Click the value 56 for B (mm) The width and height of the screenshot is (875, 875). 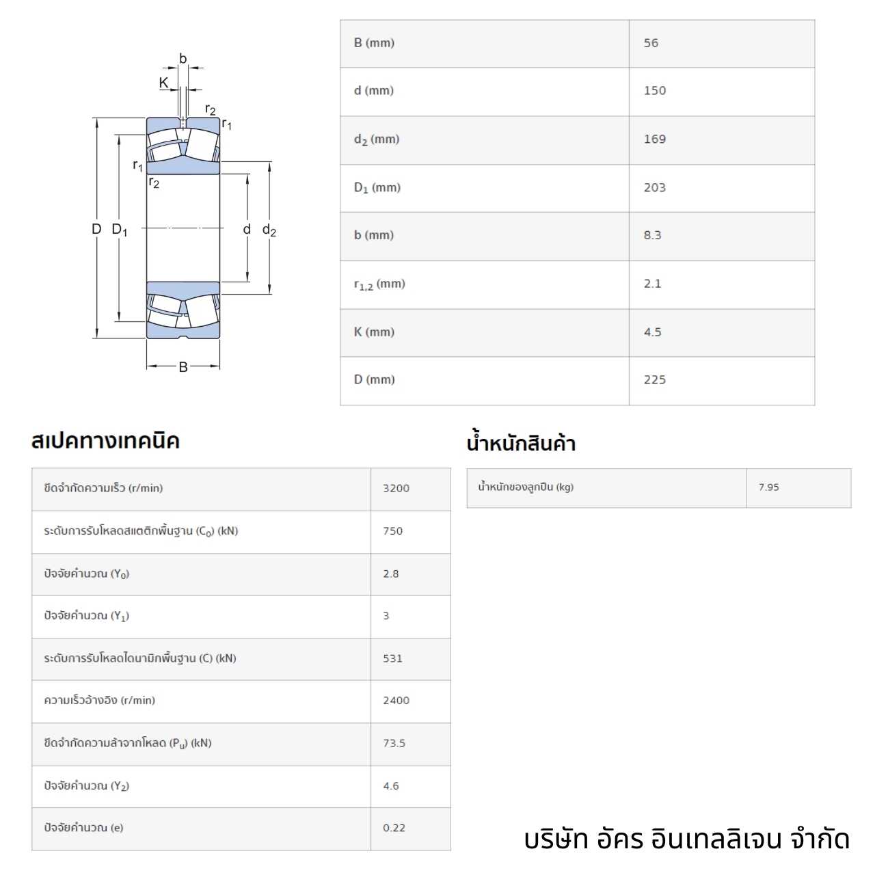pyautogui.click(x=651, y=43)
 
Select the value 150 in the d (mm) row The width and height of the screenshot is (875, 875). pyautogui.click(x=655, y=91)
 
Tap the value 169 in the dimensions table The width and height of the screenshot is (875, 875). pyautogui.click(x=655, y=139)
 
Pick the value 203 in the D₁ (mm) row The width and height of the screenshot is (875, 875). pyautogui.click(x=655, y=187)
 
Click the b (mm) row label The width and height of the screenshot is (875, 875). pyautogui.click(x=374, y=235)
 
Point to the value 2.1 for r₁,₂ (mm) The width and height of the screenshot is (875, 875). pyautogui.click(x=652, y=284)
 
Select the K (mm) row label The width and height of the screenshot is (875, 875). pyautogui.click(x=374, y=332)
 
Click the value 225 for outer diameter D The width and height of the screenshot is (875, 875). pyautogui.click(x=655, y=379)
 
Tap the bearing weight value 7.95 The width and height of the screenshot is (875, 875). pyautogui.click(x=768, y=487)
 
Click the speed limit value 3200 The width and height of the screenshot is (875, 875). pyautogui.click(x=396, y=488)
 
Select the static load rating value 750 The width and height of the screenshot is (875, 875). pyautogui.click(x=393, y=531)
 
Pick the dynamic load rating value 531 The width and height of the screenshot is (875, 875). pyautogui.click(x=393, y=658)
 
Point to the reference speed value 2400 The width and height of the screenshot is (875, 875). pyautogui.click(x=396, y=700)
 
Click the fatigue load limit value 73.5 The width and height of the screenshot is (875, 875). pyautogui.click(x=394, y=743)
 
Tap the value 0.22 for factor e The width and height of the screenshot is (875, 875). pyautogui.click(x=394, y=828)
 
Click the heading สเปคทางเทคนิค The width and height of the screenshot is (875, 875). pyautogui.click(x=105, y=441)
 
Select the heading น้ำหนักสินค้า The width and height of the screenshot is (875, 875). pyautogui.click(x=521, y=442)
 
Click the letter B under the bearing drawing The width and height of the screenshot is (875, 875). pyautogui.click(x=183, y=367)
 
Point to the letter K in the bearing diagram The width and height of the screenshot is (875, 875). pyautogui.click(x=163, y=83)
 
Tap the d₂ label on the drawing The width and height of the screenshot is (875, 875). pyautogui.click(x=269, y=230)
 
